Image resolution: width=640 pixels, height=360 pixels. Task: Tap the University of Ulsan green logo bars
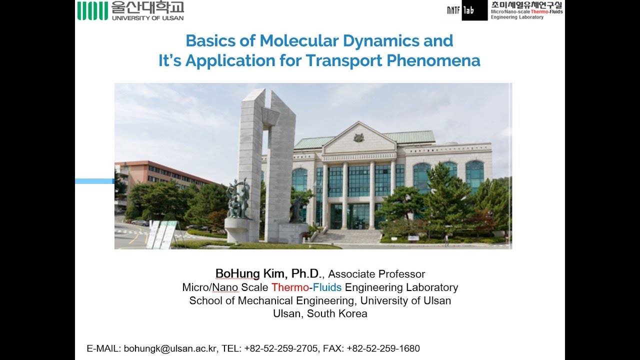[x=92, y=10]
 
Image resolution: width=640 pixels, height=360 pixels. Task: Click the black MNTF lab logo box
[x=467, y=10]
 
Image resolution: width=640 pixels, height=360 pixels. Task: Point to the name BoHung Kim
[x=250, y=273]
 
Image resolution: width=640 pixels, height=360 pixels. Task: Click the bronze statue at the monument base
[x=238, y=200]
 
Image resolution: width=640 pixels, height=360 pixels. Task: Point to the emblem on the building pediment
[x=358, y=137]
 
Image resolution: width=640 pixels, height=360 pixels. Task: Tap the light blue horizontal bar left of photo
[x=94, y=181]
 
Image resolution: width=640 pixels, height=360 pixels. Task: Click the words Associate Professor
[x=376, y=274]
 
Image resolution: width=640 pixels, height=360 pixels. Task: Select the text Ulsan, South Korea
[x=320, y=314]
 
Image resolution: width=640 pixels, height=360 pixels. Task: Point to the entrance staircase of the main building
[x=354, y=236]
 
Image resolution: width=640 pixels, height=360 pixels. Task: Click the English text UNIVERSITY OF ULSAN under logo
[x=147, y=18]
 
